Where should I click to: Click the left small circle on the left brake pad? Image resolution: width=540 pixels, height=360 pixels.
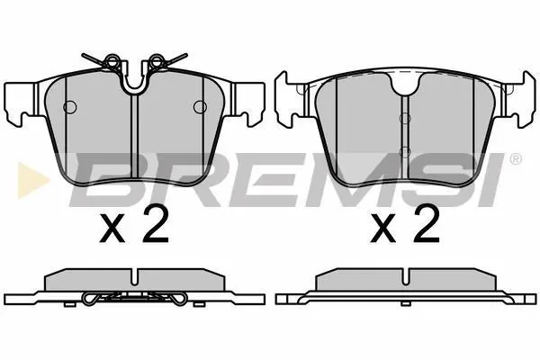[70, 107]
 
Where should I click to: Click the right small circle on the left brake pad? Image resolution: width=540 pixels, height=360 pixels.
[200, 107]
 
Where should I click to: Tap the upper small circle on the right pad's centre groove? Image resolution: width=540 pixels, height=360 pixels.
[405, 119]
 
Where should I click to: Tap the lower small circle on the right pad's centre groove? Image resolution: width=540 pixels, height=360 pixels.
[405, 151]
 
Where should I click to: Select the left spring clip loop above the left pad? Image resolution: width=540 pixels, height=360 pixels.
[112, 61]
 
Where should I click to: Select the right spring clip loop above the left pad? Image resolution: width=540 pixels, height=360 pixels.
[157, 61]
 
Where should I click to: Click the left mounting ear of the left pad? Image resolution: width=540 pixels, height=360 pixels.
[22, 103]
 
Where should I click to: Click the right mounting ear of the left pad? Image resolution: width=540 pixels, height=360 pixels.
[247, 103]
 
